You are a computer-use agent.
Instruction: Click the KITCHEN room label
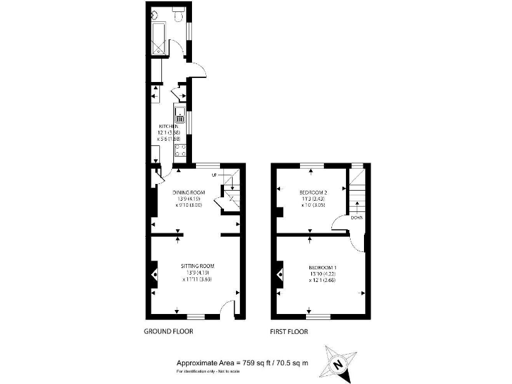168,126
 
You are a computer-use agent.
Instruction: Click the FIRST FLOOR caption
289,331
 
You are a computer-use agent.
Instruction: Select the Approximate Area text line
237,362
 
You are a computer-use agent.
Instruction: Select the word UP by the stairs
215,175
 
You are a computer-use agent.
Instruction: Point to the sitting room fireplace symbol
154,273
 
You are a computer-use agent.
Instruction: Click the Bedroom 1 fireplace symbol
278,273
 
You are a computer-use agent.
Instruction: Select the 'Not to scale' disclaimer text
207,371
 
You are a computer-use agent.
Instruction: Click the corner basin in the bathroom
155,13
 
